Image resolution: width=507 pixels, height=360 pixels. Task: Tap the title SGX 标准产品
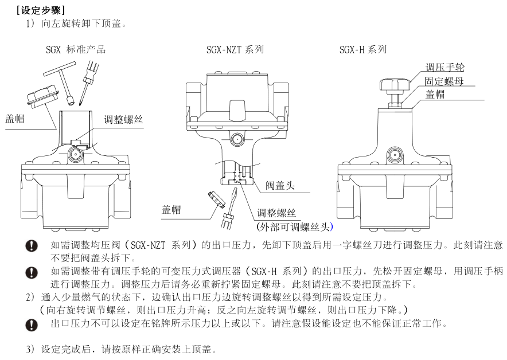(x=75, y=49)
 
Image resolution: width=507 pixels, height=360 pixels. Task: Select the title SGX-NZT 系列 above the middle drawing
(x=235, y=49)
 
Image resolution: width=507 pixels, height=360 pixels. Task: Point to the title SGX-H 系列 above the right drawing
(x=362, y=49)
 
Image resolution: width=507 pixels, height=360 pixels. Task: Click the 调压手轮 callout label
(x=443, y=68)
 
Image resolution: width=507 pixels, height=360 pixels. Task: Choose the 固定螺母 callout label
(x=443, y=81)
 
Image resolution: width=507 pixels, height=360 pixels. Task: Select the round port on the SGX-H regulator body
(x=393, y=154)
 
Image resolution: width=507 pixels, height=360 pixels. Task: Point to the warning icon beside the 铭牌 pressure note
(x=33, y=324)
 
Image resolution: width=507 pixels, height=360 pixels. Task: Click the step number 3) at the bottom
(x=30, y=349)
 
